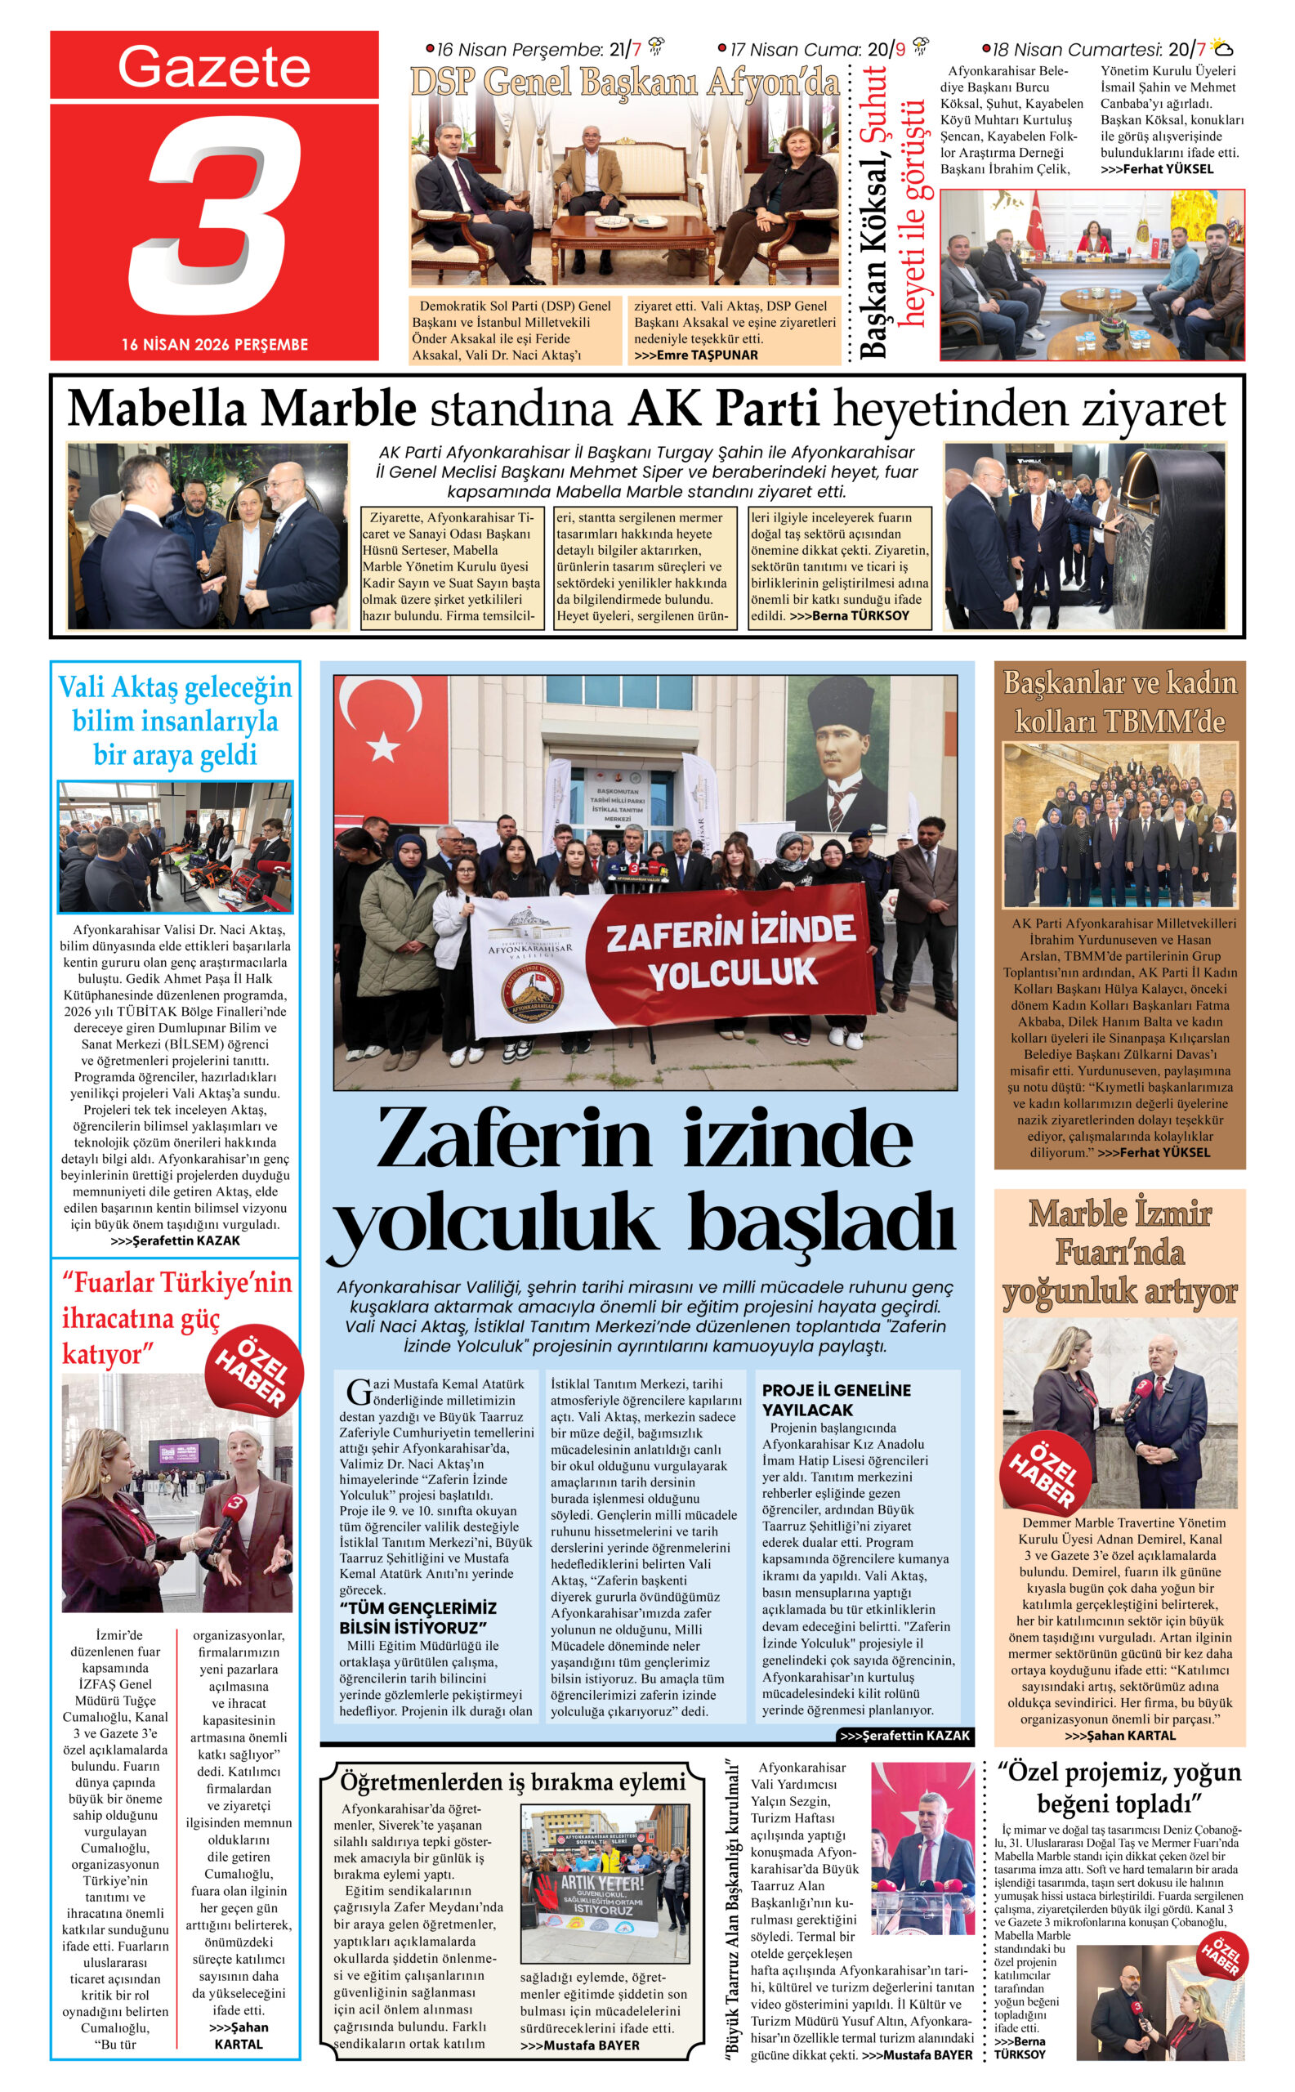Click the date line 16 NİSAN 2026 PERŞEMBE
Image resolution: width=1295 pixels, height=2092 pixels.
(x=214, y=344)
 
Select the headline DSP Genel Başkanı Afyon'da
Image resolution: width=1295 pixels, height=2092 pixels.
(x=624, y=83)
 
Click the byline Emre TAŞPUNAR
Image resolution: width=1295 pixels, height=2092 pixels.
(x=707, y=355)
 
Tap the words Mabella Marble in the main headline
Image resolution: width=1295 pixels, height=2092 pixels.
(x=242, y=409)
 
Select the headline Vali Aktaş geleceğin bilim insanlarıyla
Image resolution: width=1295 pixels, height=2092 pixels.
(x=176, y=721)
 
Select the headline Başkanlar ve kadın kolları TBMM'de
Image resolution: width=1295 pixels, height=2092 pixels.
(x=1119, y=703)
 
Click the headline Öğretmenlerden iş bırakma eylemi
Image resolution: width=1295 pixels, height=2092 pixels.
(x=512, y=1783)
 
